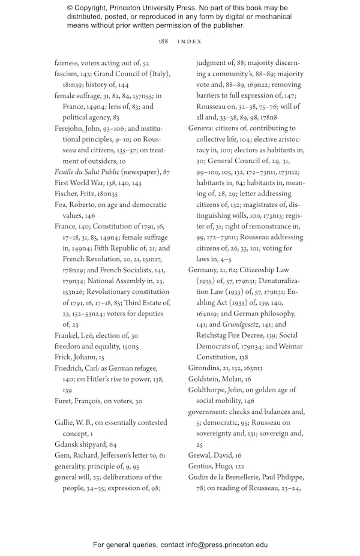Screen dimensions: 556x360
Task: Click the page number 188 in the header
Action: [x=163, y=41]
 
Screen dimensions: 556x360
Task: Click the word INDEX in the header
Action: [x=189, y=41]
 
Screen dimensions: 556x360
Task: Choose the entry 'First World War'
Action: [x=80, y=183]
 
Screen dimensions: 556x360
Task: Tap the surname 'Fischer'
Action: [x=66, y=194]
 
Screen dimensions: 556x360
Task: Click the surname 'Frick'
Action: [x=64, y=357]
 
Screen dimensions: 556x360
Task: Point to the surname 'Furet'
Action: [x=64, y=401]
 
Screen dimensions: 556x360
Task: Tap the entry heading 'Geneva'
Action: [x=200, y=128]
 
